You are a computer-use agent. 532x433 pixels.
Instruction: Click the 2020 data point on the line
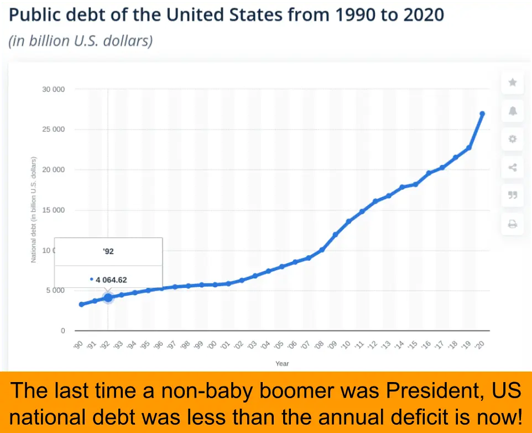pos(482,114)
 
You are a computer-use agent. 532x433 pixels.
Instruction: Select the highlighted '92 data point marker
pos(108,297)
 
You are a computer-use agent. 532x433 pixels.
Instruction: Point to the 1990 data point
pos(81,304)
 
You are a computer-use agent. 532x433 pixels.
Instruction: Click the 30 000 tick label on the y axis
pos(54,89)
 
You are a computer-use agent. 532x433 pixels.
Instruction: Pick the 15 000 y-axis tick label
pos(54,210)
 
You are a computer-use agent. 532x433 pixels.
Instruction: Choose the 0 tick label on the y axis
pos(62,331)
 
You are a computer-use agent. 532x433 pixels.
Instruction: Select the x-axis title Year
pos(282,363)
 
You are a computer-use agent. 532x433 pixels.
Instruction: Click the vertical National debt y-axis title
pos(33,210)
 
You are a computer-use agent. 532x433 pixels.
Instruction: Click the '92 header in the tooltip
pos(108,251)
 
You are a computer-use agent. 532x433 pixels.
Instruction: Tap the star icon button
pos(513,83)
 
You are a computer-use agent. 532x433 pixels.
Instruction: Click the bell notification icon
pos(513,111)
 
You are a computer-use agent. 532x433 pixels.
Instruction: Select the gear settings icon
pos(513,139)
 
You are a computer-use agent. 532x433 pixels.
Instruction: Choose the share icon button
pos(513,167)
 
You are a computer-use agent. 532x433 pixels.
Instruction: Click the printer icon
pos(513,224)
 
